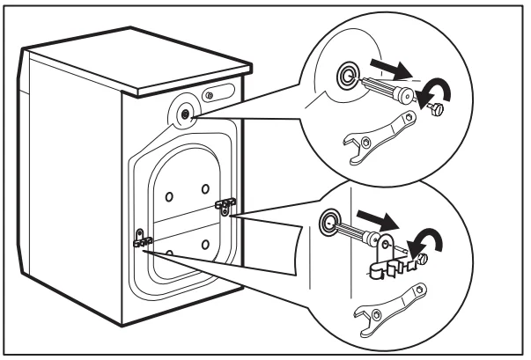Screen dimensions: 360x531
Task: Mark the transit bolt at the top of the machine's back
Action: pos(183,114)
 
